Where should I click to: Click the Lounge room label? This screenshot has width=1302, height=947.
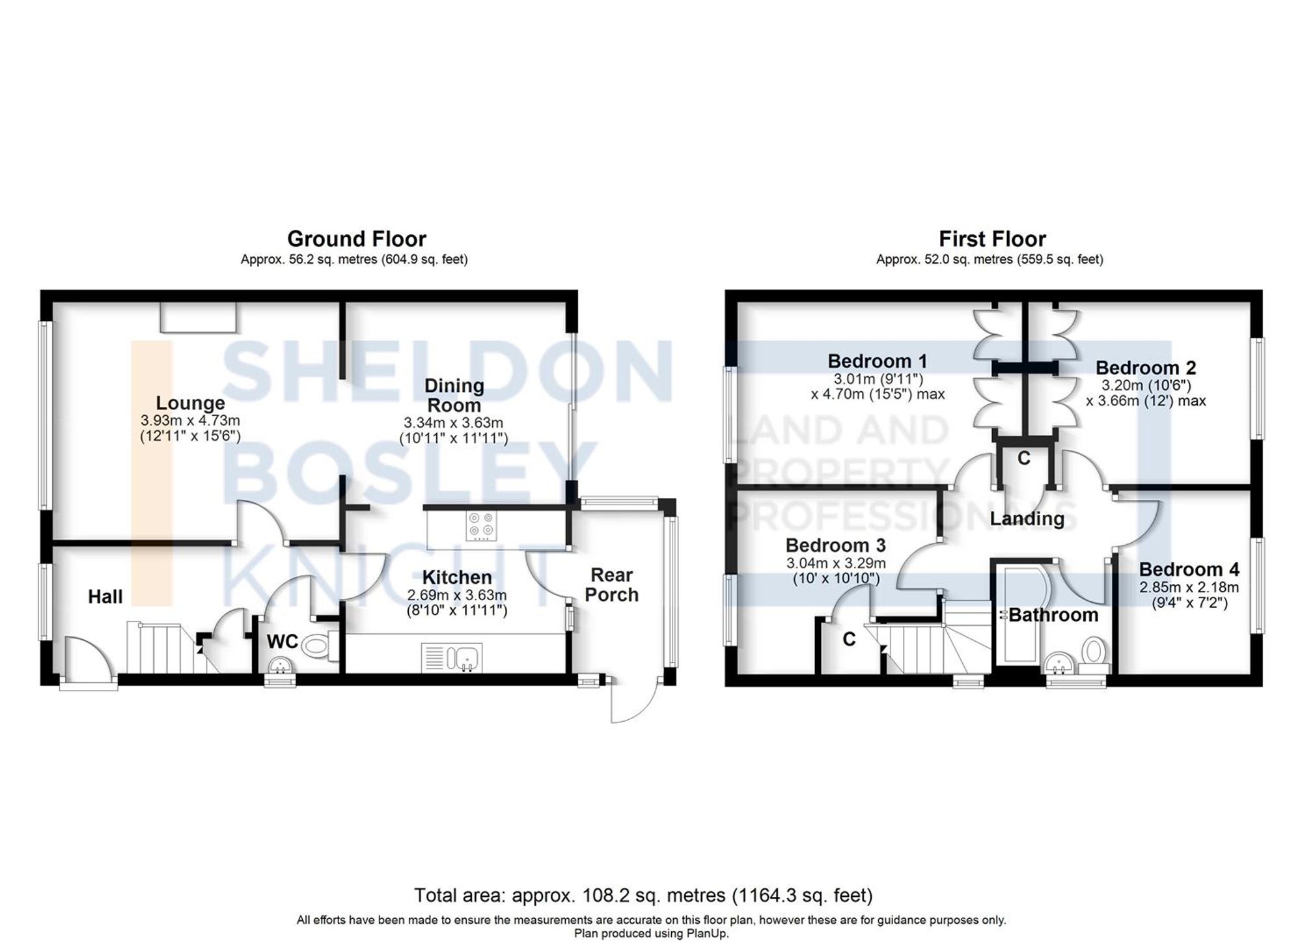[190, 403]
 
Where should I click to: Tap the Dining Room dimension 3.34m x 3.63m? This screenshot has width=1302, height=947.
[453, 423]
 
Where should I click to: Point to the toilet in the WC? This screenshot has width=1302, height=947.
[318, 646]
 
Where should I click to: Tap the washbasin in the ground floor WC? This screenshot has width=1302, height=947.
[281, 665]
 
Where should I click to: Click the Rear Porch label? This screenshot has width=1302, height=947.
[611, 584]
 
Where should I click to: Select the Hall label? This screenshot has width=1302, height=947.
[105, 596]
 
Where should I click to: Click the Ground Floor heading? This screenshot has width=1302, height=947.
[356, 239]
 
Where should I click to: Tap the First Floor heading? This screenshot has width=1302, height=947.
[992, 239]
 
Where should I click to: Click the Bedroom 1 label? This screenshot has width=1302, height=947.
[877, 361]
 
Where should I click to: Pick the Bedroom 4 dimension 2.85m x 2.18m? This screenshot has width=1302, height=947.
[1189, 587]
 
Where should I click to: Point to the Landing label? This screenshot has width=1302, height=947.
[1027, 519]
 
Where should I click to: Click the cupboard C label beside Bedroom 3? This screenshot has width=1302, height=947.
[849, 640]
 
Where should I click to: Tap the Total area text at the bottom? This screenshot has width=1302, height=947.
[643, 896]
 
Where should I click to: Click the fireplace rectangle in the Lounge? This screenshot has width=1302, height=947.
[199, 317]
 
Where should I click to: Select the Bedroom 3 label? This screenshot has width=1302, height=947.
[835, 545]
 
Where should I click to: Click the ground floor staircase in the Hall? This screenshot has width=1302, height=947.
[159, 648]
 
